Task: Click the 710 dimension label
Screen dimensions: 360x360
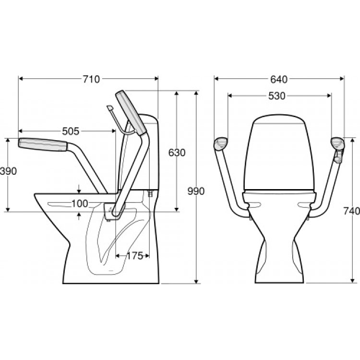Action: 91,79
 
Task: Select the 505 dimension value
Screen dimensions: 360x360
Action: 71,132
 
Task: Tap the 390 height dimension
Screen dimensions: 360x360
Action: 8,171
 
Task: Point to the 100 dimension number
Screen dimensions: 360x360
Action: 80,204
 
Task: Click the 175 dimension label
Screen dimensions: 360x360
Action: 134,256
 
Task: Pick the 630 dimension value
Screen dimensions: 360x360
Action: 177,153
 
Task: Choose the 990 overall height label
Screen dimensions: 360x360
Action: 196,191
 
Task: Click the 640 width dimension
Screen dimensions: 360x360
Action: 279,79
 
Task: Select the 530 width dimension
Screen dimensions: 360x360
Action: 276,96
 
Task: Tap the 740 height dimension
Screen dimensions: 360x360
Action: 351,211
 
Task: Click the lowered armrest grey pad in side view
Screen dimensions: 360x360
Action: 43,144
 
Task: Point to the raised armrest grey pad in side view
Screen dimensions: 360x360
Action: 131,113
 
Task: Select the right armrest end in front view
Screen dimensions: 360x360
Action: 338,143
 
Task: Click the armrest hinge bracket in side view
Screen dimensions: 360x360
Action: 115,211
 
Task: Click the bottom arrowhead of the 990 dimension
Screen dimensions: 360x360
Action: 196,281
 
